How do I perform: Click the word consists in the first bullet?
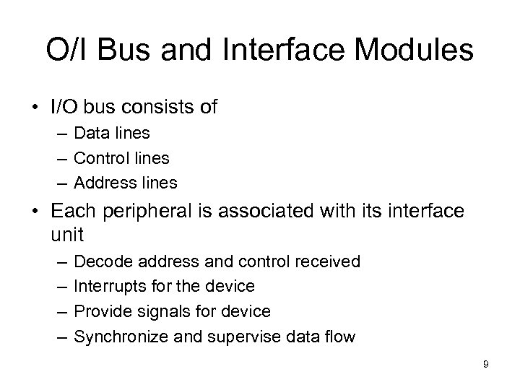157,108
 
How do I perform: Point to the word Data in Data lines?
91,134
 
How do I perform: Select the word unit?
68,234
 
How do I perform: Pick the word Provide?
102,311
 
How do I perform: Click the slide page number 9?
486,365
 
